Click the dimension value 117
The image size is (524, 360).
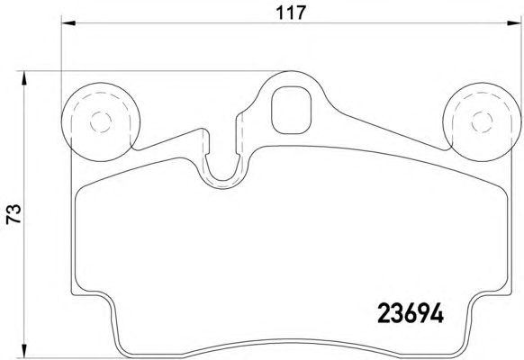click(291, 13)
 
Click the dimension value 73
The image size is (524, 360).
click(14, 213)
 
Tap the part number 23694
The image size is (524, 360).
click(411, 313)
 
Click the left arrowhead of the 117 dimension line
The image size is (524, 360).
click(68, 23)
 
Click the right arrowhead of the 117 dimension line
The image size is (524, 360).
click(514, 23)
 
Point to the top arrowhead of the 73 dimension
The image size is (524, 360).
click(23, 78)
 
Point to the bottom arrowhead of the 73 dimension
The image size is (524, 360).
click(23, 351)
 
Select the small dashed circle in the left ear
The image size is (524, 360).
click(101, 121)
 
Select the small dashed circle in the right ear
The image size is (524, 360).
click(482, 121)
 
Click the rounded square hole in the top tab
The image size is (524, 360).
click(291, 110)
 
